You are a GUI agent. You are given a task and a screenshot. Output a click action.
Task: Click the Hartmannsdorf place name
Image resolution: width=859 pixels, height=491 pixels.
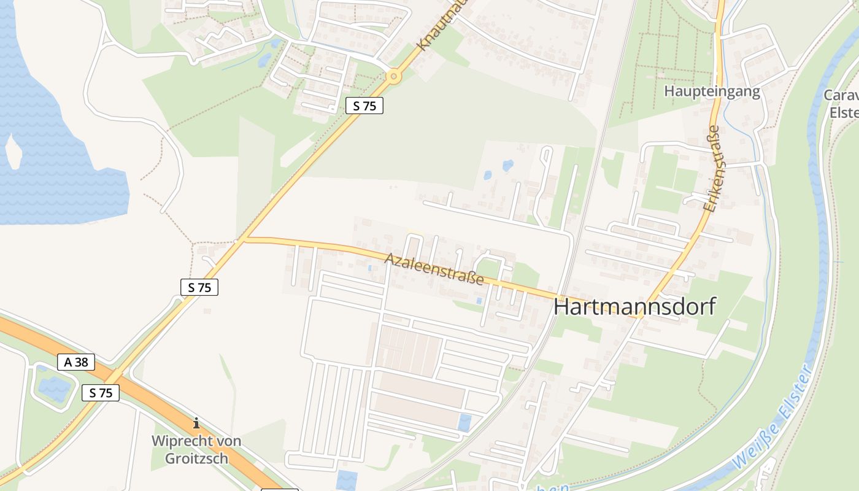click(634, 306)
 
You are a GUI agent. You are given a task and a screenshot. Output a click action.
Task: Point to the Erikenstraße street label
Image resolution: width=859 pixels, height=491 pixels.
click(712, 169)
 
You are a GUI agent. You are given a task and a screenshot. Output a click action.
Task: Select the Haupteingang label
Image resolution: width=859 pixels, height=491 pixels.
click(712, 92)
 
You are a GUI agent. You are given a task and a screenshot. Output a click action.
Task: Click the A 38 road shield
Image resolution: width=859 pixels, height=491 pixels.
click(76, 362)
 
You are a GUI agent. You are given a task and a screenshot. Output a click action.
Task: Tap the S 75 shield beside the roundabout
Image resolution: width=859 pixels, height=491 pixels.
click(364, 106)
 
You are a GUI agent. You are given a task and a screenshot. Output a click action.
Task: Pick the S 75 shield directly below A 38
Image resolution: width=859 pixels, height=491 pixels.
click(101, 393)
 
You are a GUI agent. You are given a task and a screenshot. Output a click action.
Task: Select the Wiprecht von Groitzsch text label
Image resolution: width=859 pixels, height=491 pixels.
click(196, 449)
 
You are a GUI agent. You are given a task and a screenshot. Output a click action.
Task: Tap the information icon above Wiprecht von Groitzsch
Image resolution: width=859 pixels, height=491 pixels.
click(196, 423)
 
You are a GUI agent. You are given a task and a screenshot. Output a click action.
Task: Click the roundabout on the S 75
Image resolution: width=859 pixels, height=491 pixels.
click(393, 77)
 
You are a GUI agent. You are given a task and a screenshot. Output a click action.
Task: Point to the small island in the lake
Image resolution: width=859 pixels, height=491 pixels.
click(13, 150)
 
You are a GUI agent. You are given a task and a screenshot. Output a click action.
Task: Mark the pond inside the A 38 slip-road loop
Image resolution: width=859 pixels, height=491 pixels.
click(54, 388)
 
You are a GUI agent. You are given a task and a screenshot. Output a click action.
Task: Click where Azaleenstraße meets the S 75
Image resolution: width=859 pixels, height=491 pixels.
click(243, 239)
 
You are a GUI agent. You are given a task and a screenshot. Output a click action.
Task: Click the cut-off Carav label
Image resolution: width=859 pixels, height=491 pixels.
click(841, 95)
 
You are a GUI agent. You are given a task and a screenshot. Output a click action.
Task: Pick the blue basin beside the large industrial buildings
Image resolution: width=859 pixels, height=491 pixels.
click(465, 422)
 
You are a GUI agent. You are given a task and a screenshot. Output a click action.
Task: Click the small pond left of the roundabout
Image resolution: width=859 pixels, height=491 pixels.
click(265, 60)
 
